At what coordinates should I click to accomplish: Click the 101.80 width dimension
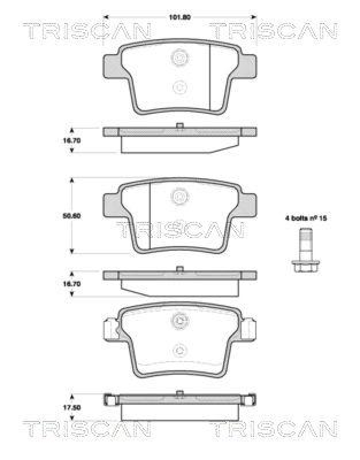[179, 17]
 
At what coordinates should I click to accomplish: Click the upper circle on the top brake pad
[180, 57]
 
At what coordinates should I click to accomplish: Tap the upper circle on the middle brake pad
[180, 197]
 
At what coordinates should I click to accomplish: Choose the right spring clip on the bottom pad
[250, 331]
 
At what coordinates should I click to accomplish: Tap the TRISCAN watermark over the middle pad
[180, 229]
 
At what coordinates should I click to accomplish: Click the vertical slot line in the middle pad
[150, 216]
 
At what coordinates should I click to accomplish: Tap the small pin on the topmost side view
[180, 125]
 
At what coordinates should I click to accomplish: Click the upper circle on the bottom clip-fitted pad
[180, 322]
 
